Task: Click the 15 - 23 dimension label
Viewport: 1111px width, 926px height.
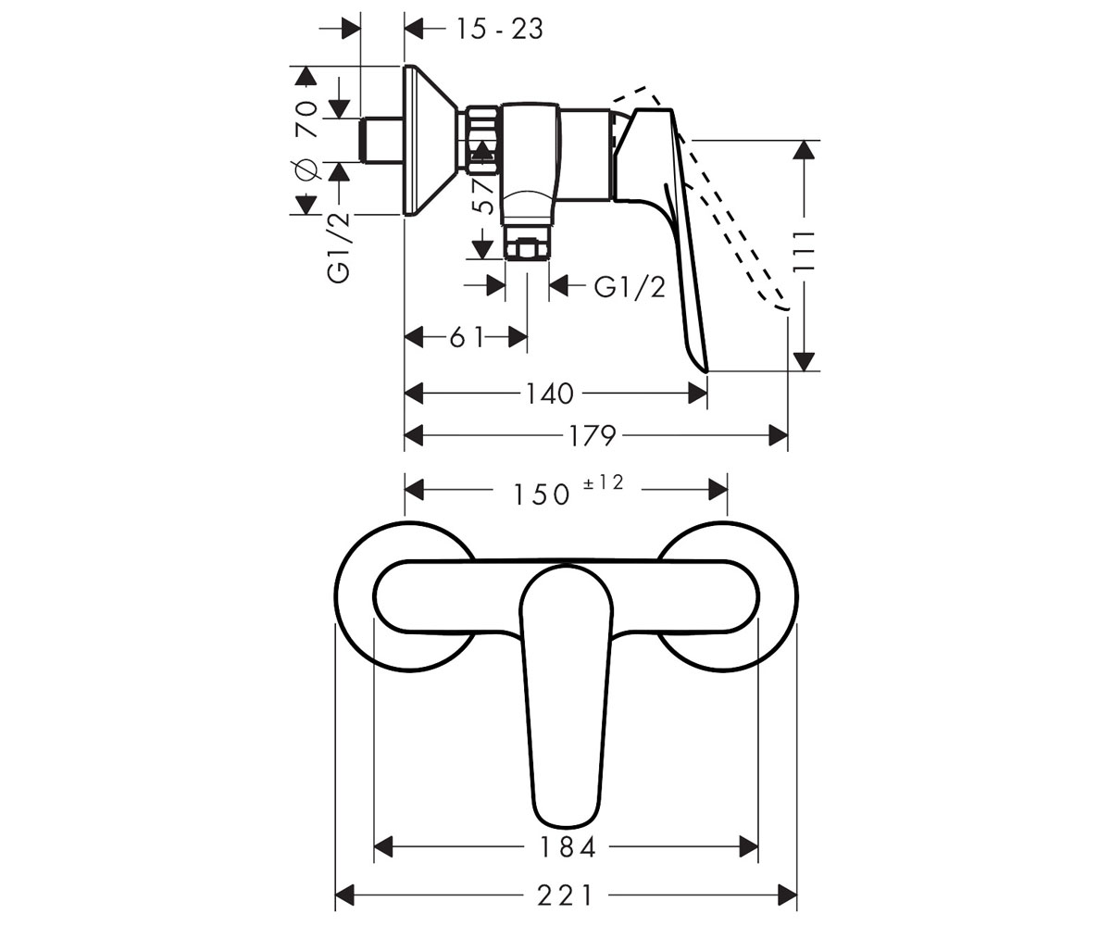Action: point(500,29)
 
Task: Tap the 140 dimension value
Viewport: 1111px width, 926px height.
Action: point(550,394)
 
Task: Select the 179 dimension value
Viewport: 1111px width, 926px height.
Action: point(593,436)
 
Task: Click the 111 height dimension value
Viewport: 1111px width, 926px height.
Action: point(804,252)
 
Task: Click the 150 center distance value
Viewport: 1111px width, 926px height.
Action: point(541,494)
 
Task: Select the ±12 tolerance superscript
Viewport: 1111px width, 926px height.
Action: point(604,482)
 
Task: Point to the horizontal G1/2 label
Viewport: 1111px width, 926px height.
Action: point(630,287)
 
